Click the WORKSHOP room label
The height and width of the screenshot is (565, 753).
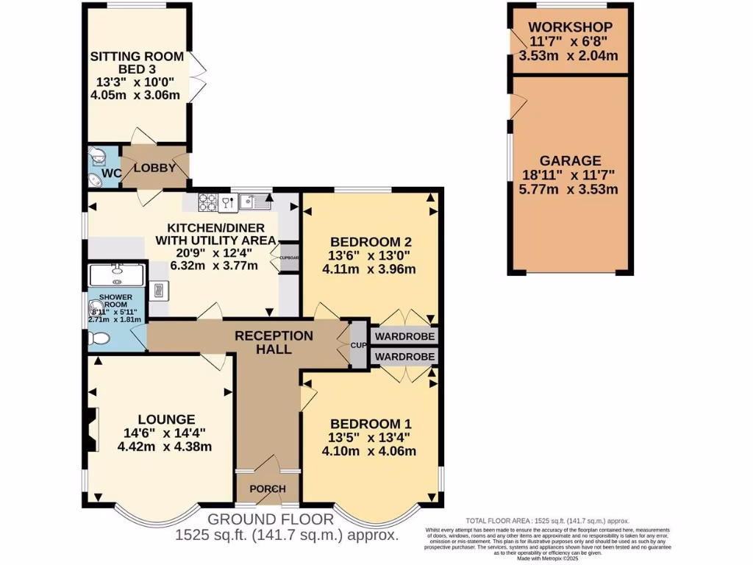point(570,28)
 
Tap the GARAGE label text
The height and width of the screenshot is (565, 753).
point(570,160)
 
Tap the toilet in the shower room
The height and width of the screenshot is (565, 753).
point(97,338)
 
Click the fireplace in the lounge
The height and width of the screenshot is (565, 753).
point(90,430)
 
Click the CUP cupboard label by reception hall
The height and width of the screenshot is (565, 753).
point(358,344)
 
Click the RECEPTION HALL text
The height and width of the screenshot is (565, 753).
point(274,342)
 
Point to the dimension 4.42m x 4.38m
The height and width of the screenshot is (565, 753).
point(165,446)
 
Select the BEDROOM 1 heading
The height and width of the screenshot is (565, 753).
point(370,424)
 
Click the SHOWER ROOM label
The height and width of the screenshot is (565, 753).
point(110,301)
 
